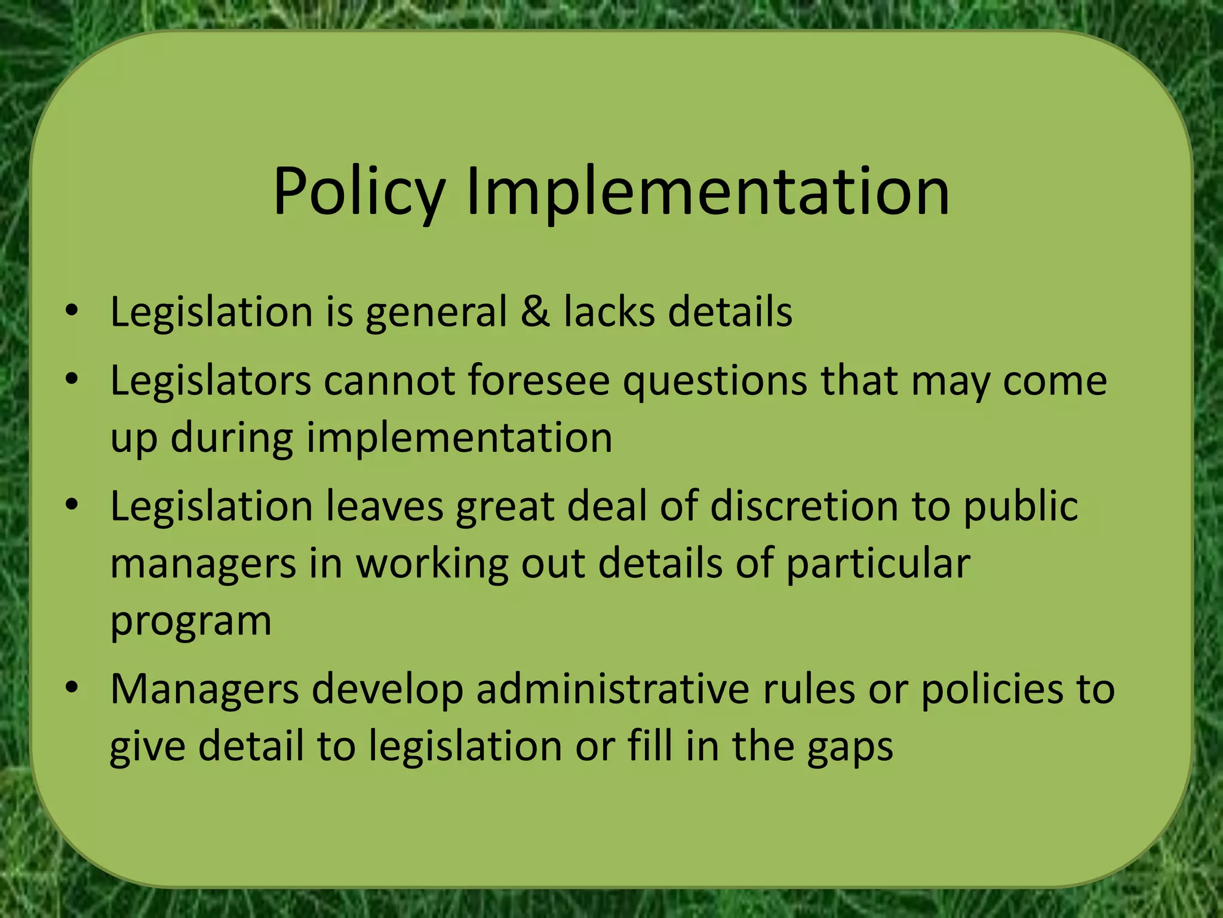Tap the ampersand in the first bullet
click(x=534, y=311)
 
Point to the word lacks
click(x=609, y=311)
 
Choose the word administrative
click(x=613, y=689)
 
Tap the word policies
click(x=992, y=689)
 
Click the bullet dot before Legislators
click(x=72, y=379)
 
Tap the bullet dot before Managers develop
click(x=72, y=687)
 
